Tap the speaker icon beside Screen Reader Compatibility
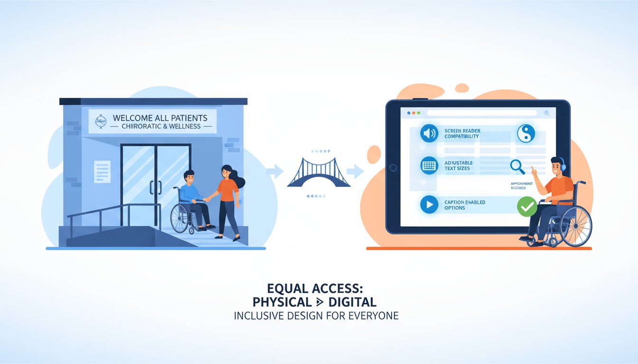click(429, 133)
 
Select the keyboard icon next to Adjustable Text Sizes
click(429, 165)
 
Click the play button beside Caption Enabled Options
click(429, 205)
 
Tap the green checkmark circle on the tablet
click(526, 207)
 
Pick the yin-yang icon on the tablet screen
click(526, 133)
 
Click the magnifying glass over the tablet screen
click(517, 166)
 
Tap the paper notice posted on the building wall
click(102, 171)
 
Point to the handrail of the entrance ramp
click(114, 209)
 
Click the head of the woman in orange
click(226, 172)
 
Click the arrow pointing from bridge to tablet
click(355, 171)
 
